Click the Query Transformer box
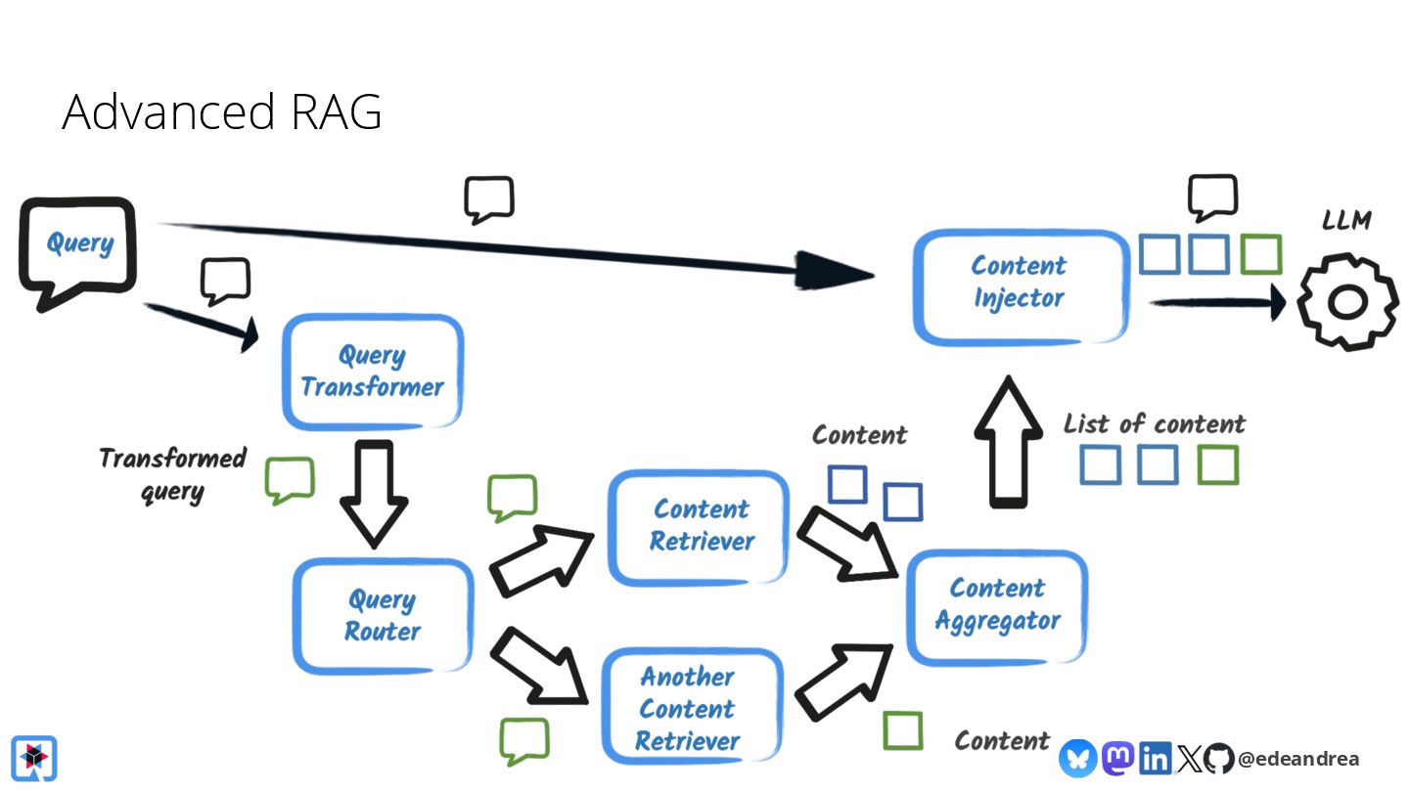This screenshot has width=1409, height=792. [x=373, y=373]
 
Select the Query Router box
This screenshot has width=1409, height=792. [x=384, y=616]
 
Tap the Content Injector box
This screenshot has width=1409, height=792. [x=1021, y=287]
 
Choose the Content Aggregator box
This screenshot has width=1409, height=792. [x=998, y=607]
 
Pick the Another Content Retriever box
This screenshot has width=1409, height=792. [x=693, y=707]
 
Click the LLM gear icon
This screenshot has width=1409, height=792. [x=1347, y=302]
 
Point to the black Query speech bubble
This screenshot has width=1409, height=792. [x=78, y=252]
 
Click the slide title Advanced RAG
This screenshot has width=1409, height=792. [x=221, y=111]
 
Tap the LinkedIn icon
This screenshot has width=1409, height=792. [x=1155, y=758]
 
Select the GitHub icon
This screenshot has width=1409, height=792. [x=1218, y=758]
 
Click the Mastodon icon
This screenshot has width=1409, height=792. [x=1117, y=758]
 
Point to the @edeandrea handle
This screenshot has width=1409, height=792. [x=1298, y=759]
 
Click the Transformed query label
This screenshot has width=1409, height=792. [x=172, y=474]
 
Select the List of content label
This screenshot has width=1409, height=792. [x=1155, y=423]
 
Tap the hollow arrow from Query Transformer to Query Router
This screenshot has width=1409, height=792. [x=374, y=494]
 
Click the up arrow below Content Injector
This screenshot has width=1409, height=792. [x=1008, y=442]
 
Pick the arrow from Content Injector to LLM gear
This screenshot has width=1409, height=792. [x=1217, y=302]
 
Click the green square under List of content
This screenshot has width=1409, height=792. [x=1218, y=464]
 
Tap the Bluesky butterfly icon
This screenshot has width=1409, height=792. [x=1078, y=758]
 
